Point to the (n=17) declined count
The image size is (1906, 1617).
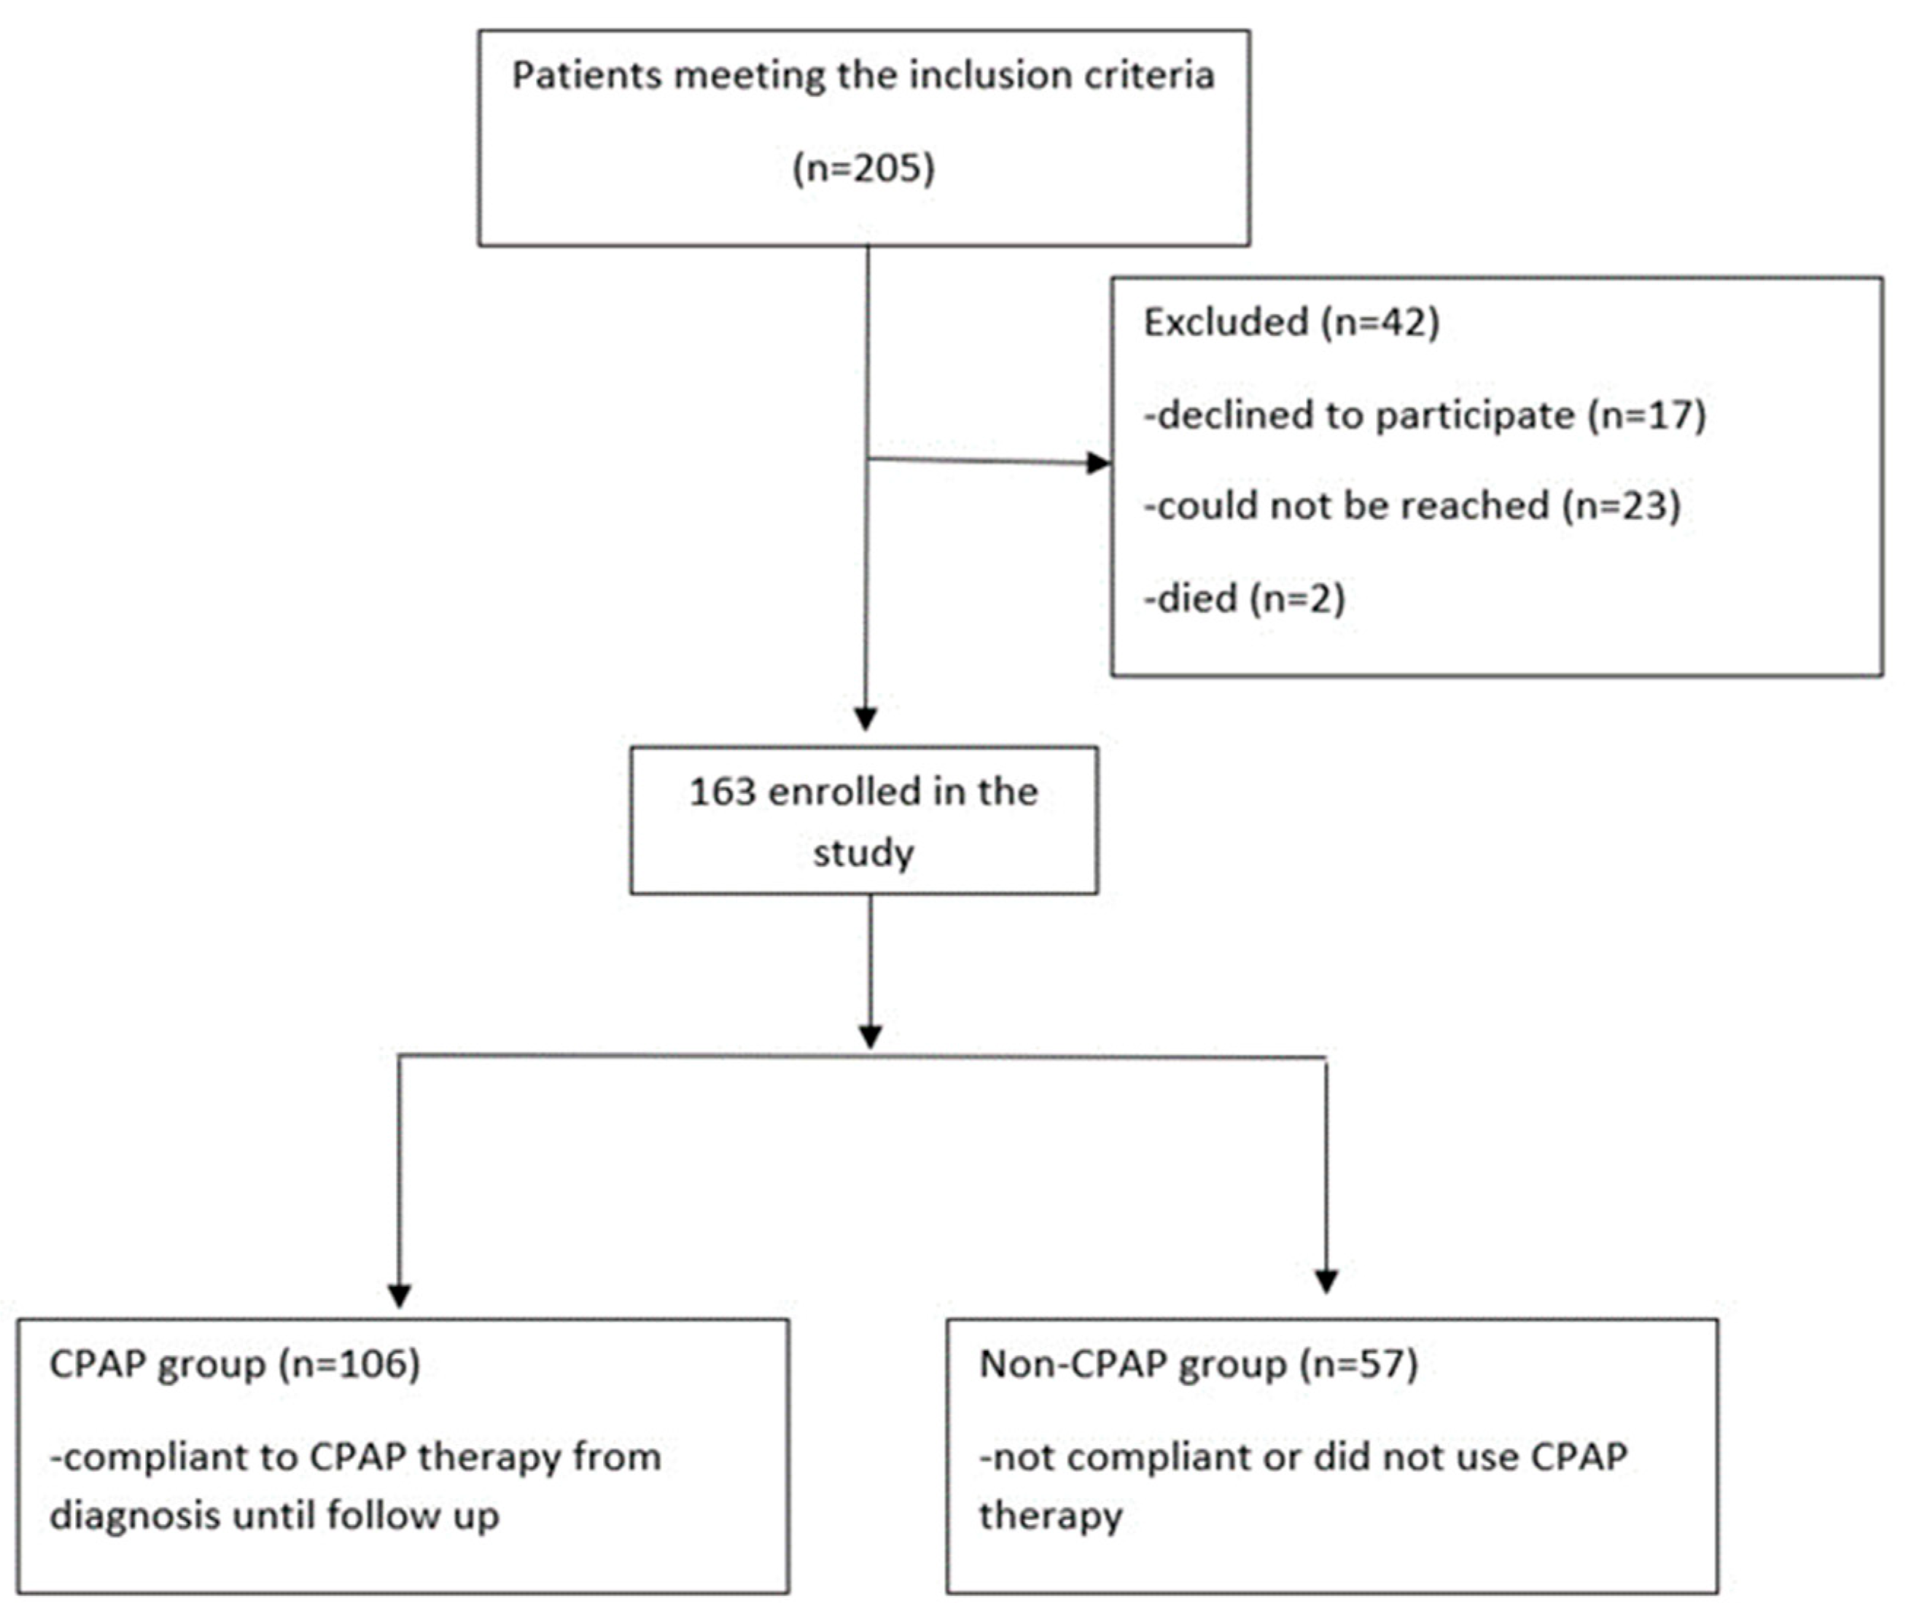1646,416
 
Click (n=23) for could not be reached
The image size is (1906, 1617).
1621,506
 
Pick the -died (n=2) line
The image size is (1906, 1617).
1244,599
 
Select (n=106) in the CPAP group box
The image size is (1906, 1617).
349,1364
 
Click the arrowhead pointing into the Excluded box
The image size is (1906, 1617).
1098,463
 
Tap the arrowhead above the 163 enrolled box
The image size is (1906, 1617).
866,719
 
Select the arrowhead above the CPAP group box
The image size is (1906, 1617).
399,1294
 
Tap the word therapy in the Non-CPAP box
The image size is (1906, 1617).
1050,1515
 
